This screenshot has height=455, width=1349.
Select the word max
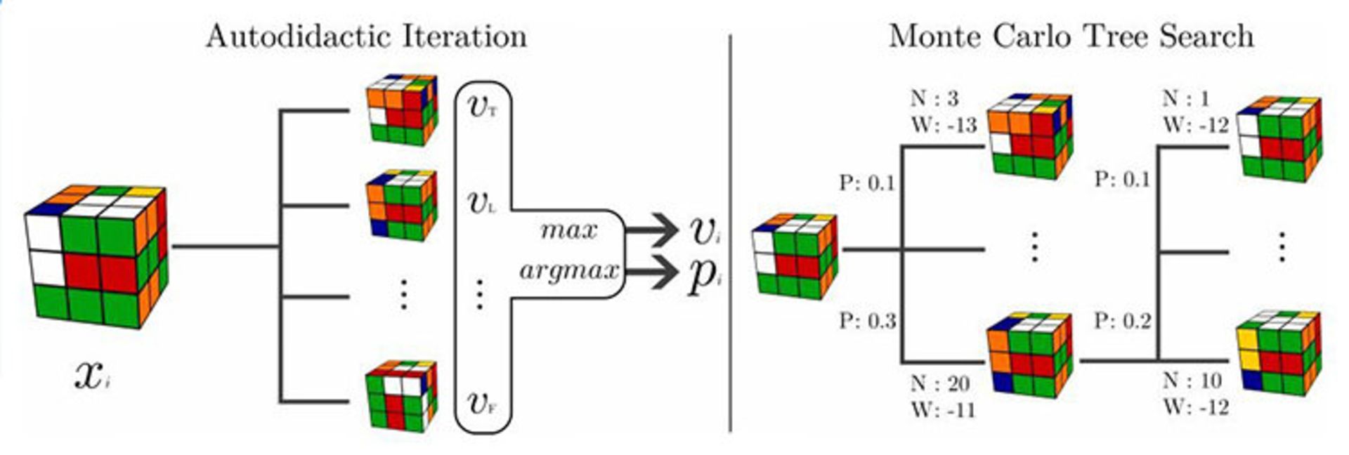coord(568,230)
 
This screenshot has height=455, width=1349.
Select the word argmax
coord(568,270)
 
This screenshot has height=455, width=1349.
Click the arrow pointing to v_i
coord(650,230)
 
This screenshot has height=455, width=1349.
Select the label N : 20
coord(940,383)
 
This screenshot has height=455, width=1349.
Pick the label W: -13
coord(944,126)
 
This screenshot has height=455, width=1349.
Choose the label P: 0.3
coord(867,322)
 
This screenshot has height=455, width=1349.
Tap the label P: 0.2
coord(1122,322)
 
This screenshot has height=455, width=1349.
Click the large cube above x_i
coord(96,256)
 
